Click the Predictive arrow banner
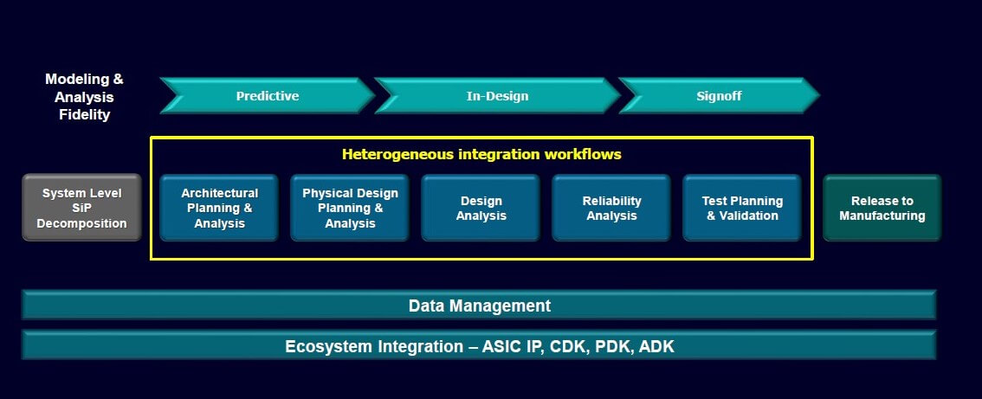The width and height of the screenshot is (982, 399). (267, 96)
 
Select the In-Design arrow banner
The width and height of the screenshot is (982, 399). (491, 96)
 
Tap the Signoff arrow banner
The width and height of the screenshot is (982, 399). (719, 96)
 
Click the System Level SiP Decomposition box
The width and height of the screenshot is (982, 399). (82, 208)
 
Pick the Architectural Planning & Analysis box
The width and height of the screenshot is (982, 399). (219, 208)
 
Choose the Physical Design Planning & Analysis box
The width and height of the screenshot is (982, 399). (350, 208)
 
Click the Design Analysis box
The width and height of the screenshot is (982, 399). (481, 208)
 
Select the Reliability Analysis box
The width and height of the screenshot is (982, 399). (611, 208)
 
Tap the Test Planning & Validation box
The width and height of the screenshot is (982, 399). (742, 208)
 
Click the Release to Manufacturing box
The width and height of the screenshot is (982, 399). (882, 208)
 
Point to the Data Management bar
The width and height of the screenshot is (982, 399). (479, 306)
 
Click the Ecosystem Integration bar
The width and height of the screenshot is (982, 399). (479, 346)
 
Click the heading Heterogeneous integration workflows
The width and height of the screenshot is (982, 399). (481, 155)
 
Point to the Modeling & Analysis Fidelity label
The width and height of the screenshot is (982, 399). (84, 96)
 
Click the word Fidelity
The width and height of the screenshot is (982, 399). (84, 114)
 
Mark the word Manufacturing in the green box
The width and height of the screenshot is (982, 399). (882, 216)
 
